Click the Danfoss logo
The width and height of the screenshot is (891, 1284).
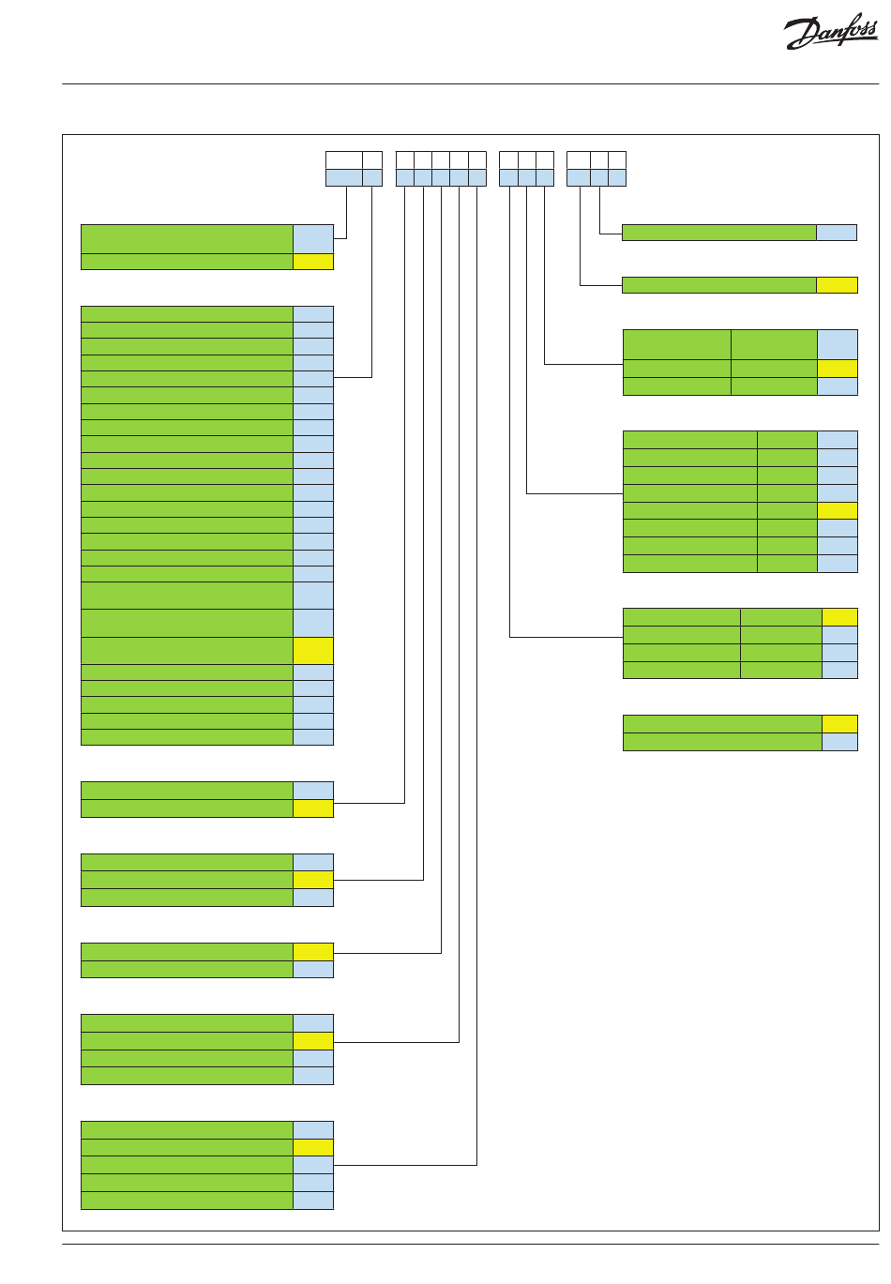[x=831, y=33]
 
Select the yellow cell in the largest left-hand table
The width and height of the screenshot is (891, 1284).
[x=313, y=651]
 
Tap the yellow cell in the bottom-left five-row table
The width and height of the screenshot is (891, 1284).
[x=313, y=1147]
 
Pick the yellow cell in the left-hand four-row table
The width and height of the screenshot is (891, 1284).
[x=313, y=1040]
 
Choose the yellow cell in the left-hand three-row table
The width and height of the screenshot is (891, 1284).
[x=313, y=880]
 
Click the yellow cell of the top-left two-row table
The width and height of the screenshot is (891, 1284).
[x=313, y=262]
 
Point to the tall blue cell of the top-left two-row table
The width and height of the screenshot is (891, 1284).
[x=313, y=239]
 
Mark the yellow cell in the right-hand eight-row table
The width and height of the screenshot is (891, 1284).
[x=838, y=510]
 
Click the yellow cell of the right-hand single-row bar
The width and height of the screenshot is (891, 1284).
[x=837, y=285]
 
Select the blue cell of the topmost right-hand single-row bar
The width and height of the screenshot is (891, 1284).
[x=837, y=233]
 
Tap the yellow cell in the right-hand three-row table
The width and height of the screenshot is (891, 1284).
[x=838, y=369]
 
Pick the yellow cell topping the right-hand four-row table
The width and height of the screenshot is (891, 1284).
[x=839, y=617]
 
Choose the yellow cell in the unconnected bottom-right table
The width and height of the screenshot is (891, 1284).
[x=839, y=723]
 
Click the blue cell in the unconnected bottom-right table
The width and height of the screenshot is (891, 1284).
[x=839, y=742]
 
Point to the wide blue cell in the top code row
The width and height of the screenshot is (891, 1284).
[x=343, y=178]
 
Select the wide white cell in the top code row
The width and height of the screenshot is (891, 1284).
[x=343, y=159]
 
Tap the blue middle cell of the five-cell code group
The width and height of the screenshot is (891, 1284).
[x=441, y=178]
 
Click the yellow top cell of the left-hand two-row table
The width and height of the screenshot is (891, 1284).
[x=313, y=951]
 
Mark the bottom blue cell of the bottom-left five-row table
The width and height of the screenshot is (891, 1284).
[x=313, y=1201]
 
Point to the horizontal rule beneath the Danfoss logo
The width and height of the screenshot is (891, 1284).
[x=470, y=84]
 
